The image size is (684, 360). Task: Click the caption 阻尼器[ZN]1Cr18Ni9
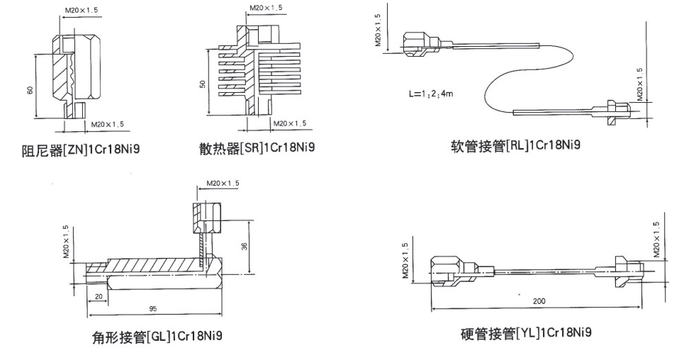(x=81, y=150)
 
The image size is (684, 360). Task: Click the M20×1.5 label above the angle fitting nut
(x=223, y=184)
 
